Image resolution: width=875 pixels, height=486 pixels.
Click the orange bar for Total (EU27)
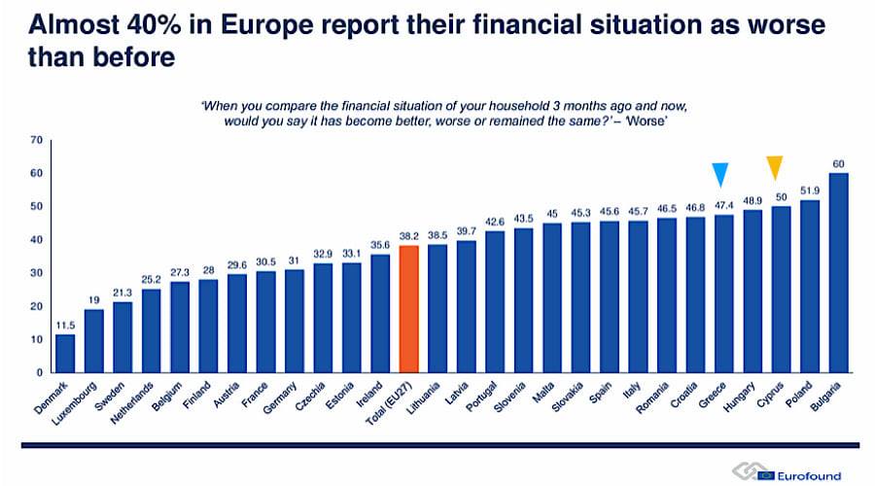click(x=408, y=308)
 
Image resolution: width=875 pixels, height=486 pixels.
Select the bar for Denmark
click(x=64, y=353)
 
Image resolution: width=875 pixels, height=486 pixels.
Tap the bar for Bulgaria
click(x=838, y=272)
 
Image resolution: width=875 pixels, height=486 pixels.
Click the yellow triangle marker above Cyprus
click(x=775, y=167)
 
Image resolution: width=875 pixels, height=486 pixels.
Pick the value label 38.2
click(x=408, y=235)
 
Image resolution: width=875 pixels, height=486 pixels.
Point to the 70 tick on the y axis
click(x=37, y=140)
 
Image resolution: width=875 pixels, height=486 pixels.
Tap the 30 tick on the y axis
click(x=37, y=273)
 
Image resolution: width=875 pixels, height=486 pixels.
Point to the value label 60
click(x=838, y=162)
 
